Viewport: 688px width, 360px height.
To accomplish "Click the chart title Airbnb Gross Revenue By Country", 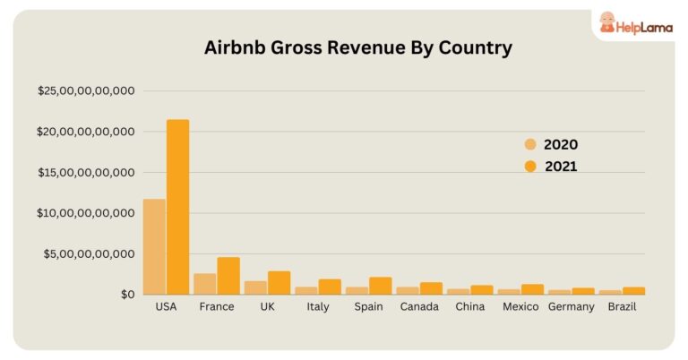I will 358,48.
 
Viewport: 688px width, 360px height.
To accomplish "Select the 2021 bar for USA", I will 177,207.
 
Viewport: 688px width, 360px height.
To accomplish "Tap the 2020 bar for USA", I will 154,246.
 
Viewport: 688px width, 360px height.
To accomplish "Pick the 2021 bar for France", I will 228,276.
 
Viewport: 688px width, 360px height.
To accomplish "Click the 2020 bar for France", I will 205,284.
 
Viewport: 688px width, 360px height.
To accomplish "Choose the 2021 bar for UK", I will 279,283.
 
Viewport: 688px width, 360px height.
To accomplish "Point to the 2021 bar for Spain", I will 380,286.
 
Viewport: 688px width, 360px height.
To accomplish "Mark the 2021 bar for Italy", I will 330,287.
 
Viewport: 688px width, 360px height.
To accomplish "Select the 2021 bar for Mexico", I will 532,289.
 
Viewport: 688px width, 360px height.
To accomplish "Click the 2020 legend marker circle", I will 530,144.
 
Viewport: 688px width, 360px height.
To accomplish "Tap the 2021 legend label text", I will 560,166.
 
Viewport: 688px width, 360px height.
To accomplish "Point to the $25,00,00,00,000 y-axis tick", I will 86,90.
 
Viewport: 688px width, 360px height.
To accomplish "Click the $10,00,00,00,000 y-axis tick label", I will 86,213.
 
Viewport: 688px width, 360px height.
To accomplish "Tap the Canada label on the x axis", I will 419,307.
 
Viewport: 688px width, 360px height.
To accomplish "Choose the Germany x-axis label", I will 571,307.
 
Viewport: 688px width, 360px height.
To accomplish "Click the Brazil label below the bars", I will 622,307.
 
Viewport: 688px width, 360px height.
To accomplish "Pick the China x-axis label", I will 470,307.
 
